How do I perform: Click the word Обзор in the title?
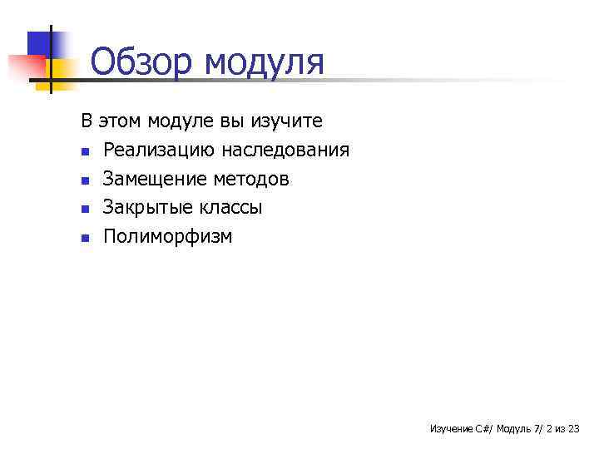coord(141,62)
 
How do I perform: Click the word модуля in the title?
coord(264,64)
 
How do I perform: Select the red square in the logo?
coord(25,67)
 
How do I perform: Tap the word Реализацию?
coord(158,150)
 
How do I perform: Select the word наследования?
coord(285,150)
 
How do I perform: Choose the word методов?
coord(251,179)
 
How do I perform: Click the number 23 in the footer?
coord(572,429)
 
